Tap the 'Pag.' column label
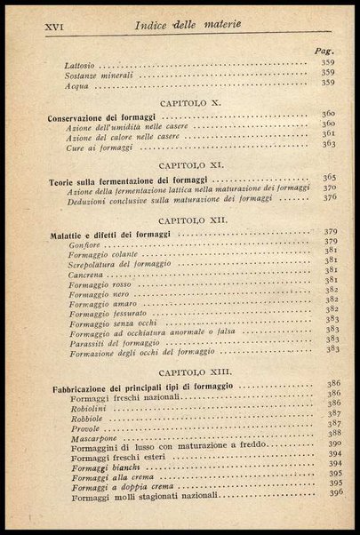tap(324, 52)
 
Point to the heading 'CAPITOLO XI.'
tap(192, 165)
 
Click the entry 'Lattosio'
tap(83, 66)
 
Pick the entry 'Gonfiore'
tap(86, 244)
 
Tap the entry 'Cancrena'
tap(85, 277)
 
